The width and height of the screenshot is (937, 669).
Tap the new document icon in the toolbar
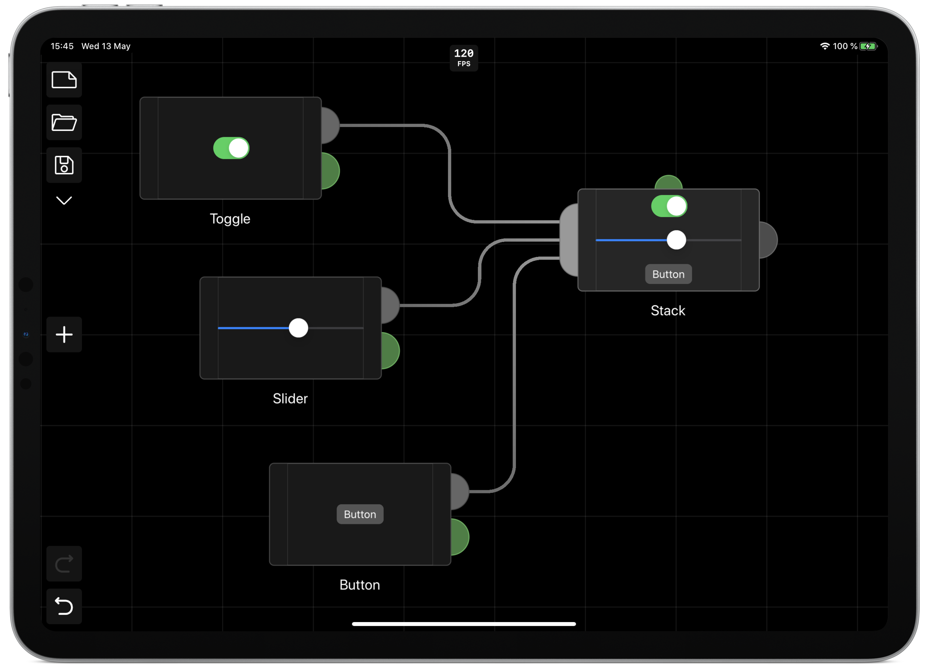point(64,80)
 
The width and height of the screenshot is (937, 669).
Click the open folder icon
point(64,122)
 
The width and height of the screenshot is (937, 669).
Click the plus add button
point(64,334)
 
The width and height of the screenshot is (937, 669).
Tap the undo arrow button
point(64,606)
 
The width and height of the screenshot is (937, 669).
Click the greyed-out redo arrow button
point(64,564)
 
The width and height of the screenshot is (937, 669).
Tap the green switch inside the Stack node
point(669,206)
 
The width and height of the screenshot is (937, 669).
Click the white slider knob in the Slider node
point(299,328)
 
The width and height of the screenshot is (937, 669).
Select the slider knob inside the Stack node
point(676,240)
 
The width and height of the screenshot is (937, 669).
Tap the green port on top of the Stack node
point(669,182)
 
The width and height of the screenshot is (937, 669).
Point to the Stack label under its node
point(668,311)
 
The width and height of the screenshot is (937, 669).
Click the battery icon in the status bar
point(868,46)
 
